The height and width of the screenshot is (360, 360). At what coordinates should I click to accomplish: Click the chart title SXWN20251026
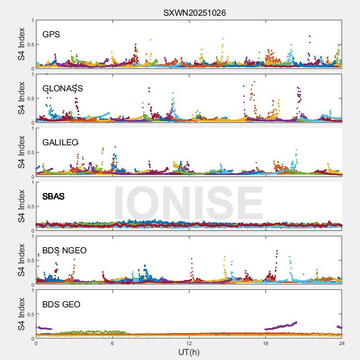pos(194,13)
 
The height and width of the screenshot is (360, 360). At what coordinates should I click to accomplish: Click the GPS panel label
pos(51,34)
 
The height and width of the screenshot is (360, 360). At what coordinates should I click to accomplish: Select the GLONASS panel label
pos(63,88)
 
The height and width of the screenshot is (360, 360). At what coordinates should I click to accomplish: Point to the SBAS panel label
pos(54,196)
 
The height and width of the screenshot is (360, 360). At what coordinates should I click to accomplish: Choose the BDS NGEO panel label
pos(64,250)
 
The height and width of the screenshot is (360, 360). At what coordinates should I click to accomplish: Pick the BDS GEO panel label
pos(61,305)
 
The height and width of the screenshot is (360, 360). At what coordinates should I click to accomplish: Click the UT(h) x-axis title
pos(189,352)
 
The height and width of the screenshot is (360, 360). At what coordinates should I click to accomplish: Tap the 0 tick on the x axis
pos(36,343)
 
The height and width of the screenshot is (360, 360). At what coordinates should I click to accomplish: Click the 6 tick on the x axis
pos(112,343)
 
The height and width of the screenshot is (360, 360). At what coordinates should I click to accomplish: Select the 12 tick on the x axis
pos(189,343)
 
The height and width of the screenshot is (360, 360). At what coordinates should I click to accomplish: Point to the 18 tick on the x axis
pos(265,343)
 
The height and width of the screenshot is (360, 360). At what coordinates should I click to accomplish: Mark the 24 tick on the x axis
pos(342,343)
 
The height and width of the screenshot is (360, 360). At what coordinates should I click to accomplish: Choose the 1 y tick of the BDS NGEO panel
pos(32,237)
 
